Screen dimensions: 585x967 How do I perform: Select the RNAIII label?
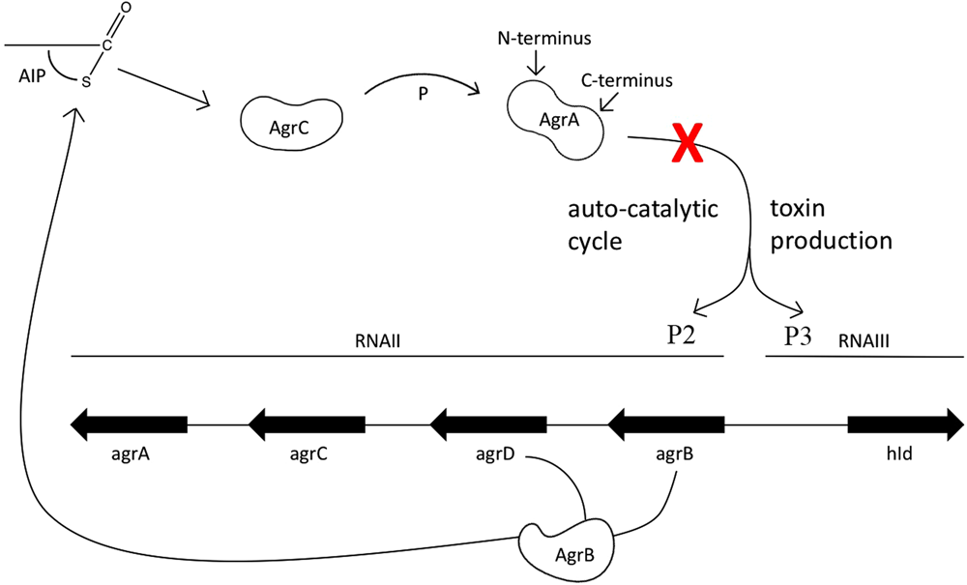tap(864, 339)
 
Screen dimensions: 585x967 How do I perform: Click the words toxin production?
tap(830, 224)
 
